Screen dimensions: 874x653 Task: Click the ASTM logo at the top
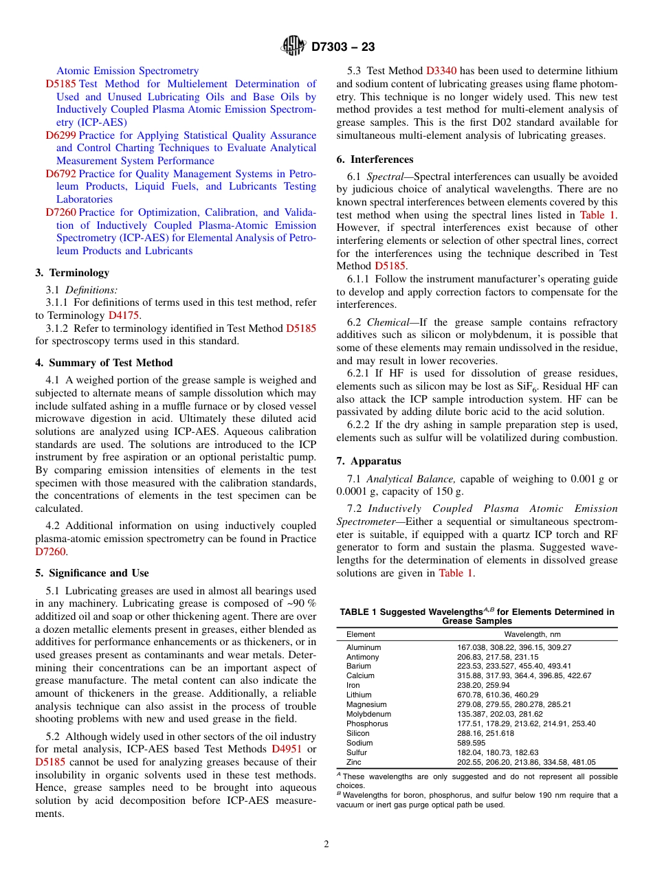(294, 47)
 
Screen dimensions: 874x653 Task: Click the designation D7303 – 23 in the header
(343, 47)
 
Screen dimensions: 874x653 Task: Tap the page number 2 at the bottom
(326, 844)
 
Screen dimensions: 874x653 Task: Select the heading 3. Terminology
(72, 273)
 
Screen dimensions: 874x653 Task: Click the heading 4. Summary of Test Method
(104, 363)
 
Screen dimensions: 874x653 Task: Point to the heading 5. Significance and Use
(92, 573)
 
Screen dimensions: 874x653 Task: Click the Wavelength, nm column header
(532, 634)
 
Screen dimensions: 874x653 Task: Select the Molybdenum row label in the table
(368, 714)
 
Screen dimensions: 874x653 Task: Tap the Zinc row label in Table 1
(354, 762)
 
